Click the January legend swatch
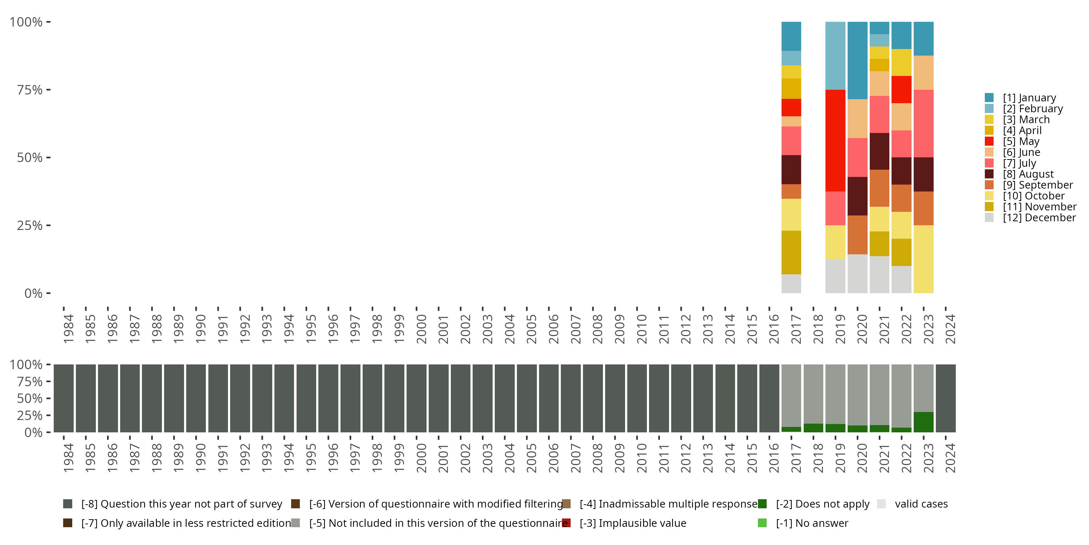click(x=989, y=98)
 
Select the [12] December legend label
click(x=1039, y=218)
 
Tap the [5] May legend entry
click(x=1021, y=141)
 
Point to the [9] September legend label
click(x=1038, y=185)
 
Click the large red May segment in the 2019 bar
click(x=835, y=141)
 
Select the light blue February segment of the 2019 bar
click(x=835, y=56)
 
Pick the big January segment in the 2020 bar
click(x=857, y=61)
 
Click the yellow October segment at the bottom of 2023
click(x=923, y=259)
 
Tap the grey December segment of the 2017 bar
click(x=791, y=283)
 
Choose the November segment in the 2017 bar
click(x=791, y=252)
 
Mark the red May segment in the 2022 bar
click(x=901, y=89)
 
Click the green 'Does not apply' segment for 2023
click(x=923, y=422)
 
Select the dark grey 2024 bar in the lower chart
click(x=946, y=398)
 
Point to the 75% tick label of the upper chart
click(x=30, y=90)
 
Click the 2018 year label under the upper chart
click(x=818, y=329)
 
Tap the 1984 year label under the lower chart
click(x=69, y=458)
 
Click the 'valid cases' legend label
click(x=921, y=504)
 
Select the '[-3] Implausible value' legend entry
click(x=632, y=524)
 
